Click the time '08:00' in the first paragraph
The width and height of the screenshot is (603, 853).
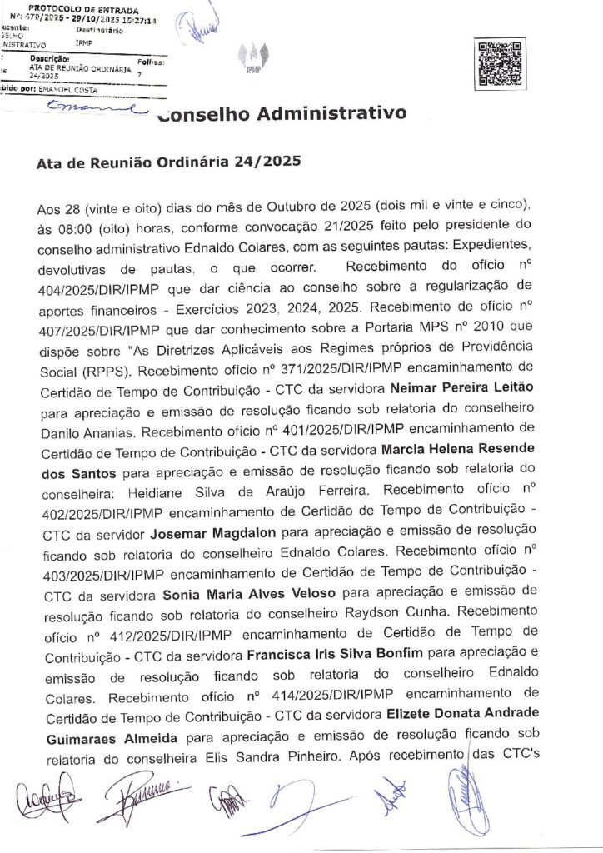click(72, 227)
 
